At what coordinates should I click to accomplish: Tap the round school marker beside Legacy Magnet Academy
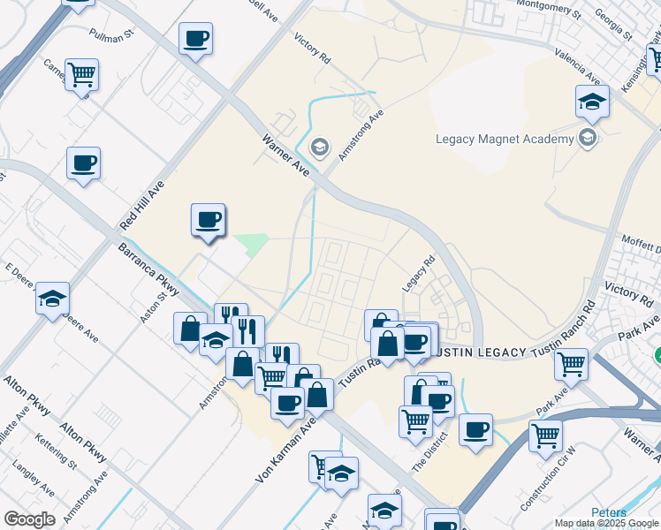click(x=586, y=137)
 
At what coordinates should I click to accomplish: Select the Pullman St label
click(x=110, y=35)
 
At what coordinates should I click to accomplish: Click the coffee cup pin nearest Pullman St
click(x=195, y=40)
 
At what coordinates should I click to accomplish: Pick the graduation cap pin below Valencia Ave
click(x=592, y=102)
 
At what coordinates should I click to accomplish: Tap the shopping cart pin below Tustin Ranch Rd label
click(x=573, y=362)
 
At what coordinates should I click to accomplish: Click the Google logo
click(x=29, y=519)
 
